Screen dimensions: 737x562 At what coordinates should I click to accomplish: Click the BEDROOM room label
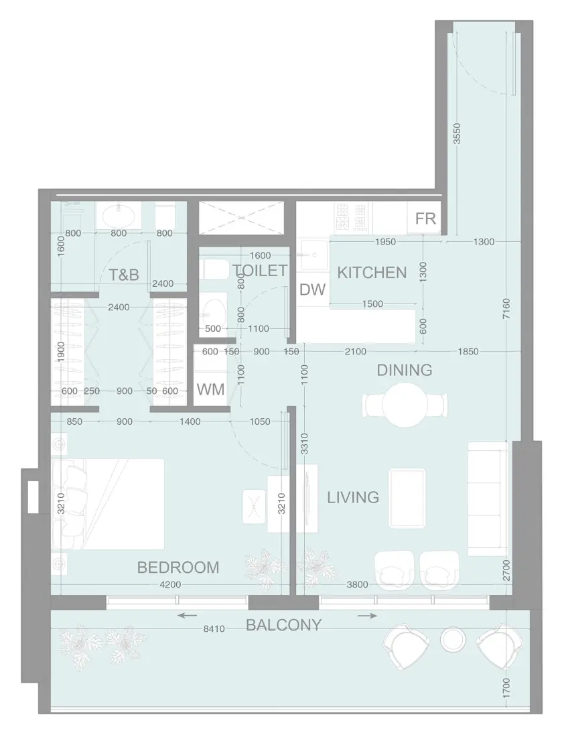178,567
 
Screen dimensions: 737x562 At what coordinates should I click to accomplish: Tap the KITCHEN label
371,273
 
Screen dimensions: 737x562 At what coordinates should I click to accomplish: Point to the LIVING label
353,497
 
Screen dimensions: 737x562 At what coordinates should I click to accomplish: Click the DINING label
404,370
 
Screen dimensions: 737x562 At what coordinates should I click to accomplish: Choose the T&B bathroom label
124,274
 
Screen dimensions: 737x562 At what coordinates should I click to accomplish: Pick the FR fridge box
425,218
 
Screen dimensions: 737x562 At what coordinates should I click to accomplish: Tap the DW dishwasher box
311,289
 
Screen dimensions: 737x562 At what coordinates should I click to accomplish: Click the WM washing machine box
210,389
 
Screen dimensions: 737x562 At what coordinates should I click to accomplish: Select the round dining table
405,405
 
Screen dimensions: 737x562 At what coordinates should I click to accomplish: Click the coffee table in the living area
407,498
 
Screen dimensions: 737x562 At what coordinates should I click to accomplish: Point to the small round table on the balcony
453,641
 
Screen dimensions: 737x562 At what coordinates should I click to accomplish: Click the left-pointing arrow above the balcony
188,614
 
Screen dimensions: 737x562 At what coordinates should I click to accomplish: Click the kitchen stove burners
352,216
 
